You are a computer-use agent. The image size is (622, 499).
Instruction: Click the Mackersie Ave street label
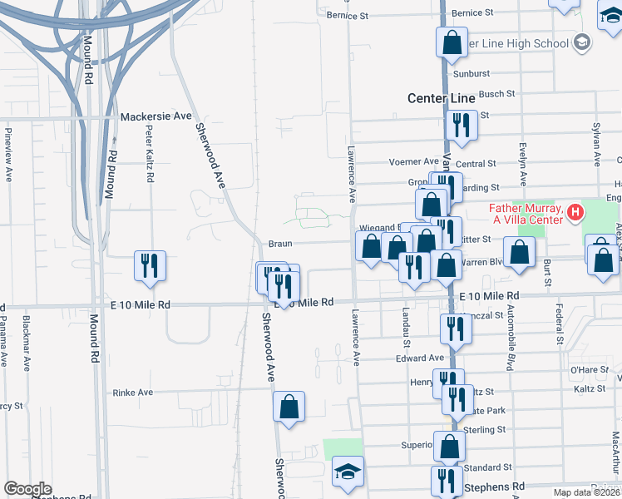156,117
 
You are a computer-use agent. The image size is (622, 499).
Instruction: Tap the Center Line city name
441,98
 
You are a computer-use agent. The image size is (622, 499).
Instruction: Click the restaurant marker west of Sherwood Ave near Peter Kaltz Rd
150,265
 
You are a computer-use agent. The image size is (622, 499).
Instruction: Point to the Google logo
27,489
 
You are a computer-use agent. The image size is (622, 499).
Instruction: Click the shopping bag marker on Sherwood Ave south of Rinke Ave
289,407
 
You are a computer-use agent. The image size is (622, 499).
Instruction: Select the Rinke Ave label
133,393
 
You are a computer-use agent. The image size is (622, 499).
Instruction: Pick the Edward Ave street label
420,358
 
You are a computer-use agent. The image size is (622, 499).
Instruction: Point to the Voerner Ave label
413,161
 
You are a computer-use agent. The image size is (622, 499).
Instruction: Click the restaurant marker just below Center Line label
460,125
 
